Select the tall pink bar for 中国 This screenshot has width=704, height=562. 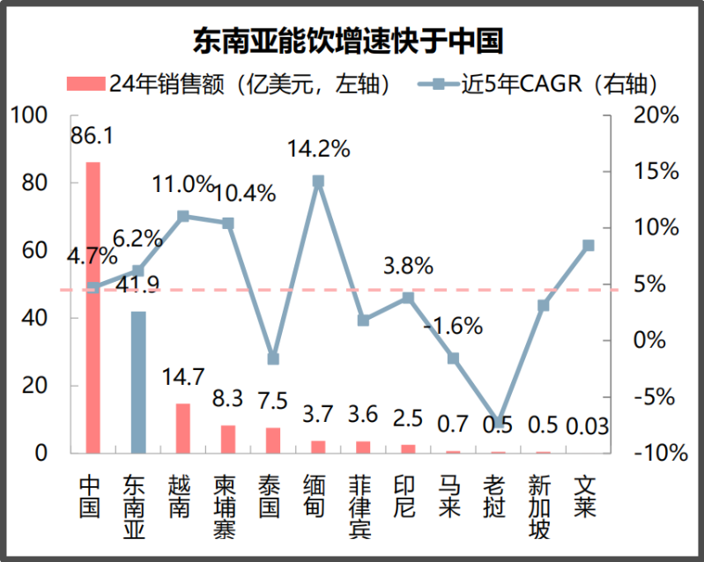coord(93,308)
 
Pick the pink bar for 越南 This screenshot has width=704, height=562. coord(182,428)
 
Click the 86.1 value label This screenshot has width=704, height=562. coord(93,137)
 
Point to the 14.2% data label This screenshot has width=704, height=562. coord(319,149)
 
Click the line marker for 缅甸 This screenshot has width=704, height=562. coord(318,181)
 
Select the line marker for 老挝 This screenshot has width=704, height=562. coord(498,423)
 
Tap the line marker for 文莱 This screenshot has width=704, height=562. coord(588,245)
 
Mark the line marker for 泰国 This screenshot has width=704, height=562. coord(273,359)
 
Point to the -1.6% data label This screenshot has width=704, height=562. coord(453,326)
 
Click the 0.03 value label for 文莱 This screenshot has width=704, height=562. coord(587,427)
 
